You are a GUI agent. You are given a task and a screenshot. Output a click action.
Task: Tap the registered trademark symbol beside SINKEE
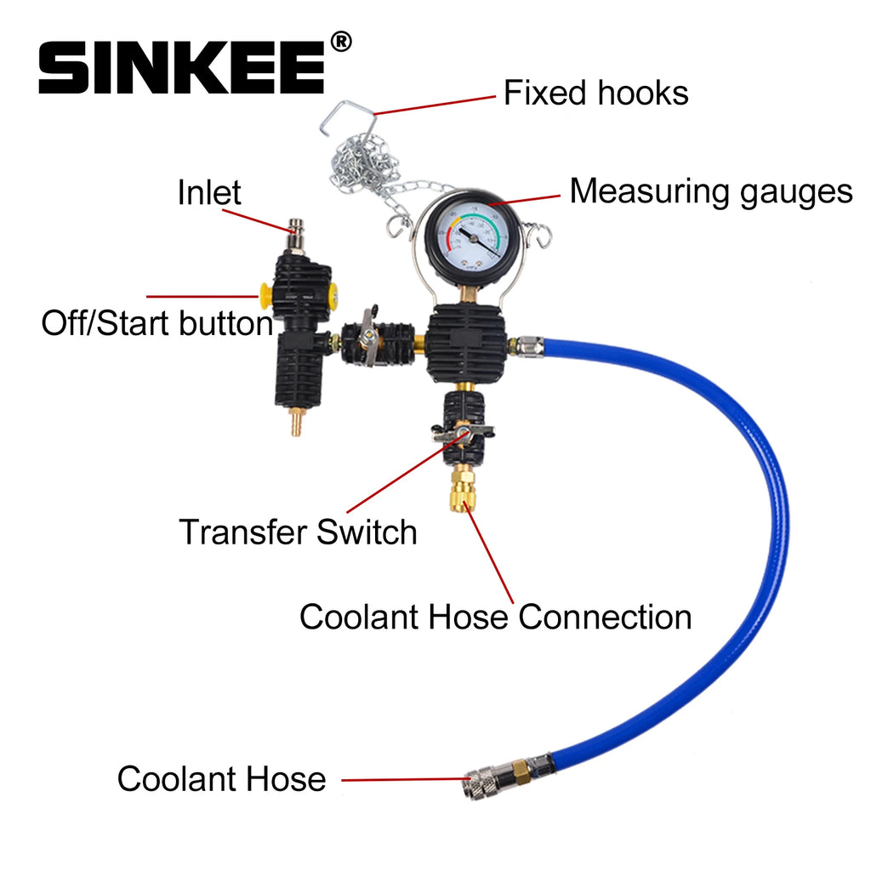pos(339,41)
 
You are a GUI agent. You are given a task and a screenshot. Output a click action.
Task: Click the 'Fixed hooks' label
pos(595,93)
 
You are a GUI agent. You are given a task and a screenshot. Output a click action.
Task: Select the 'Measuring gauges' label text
pos(710,191)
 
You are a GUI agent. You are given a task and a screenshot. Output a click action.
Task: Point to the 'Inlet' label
pos(209,193)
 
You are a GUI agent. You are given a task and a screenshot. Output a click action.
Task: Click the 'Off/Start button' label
pos(157,323)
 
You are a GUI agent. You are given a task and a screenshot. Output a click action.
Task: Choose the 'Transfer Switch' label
pos(298,532)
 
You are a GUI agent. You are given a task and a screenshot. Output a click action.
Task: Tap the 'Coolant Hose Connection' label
pos(495,617)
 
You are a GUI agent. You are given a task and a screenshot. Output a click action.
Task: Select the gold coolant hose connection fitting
pos(462,491)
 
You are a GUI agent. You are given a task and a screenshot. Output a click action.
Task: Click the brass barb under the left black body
pos(297,422)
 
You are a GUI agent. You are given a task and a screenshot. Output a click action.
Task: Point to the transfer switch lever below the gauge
pos(460,435)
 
